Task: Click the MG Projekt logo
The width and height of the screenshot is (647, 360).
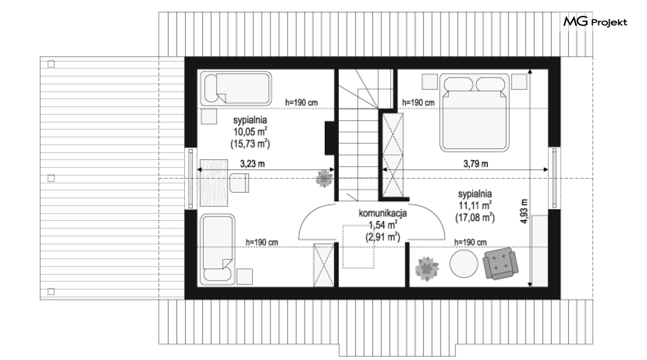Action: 595,21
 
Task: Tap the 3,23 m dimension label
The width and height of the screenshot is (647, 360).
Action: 252,164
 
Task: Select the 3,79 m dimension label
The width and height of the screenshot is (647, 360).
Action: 475,164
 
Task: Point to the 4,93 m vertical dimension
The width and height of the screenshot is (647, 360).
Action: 524,211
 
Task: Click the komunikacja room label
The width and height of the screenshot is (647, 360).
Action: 383,213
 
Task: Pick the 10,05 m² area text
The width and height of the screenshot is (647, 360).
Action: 250,132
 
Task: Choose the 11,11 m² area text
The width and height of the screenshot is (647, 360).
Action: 475,205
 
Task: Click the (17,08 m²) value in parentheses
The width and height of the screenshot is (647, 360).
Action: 475,217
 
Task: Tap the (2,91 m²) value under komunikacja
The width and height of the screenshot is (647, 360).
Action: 383,237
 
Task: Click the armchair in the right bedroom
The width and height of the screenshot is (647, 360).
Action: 501,264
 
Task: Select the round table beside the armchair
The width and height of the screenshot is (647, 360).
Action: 464,264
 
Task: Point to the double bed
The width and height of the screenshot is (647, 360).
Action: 474,113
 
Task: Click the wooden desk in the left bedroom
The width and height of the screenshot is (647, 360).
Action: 214,182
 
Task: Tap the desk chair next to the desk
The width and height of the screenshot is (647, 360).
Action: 239,183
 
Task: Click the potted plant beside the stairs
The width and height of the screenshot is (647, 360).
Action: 324,179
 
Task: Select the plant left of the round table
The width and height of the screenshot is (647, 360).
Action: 427,268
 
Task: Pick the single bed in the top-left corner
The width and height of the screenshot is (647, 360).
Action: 236,88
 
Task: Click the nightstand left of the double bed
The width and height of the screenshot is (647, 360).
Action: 430,81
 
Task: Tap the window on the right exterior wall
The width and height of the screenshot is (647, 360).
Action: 554,178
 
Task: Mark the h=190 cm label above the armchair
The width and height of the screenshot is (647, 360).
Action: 470,242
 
